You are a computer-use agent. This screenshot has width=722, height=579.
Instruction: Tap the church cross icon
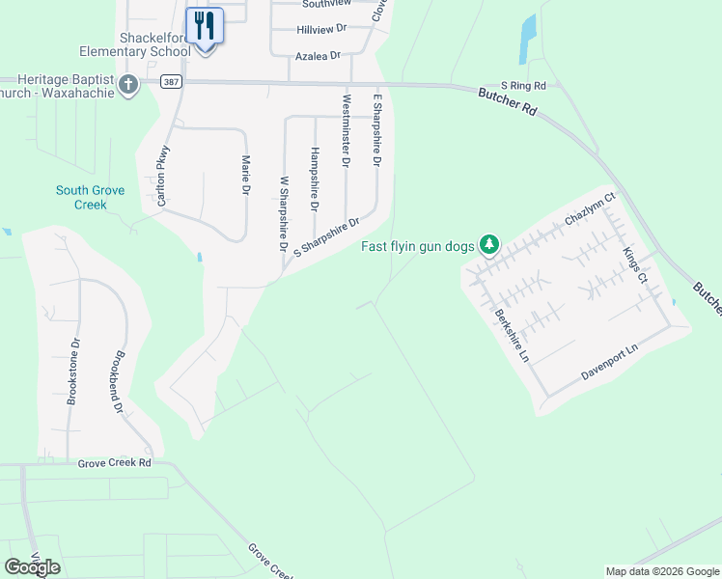point(127,85)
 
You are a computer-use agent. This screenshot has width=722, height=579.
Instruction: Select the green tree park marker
point(490,245)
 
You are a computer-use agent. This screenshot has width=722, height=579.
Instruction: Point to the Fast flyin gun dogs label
point(418,246)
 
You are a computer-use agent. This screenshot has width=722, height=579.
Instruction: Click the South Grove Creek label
point(90,198)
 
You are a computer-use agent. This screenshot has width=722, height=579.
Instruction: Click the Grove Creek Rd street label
point(115,463)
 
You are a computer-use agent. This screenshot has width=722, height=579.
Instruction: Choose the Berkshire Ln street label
point(512,335)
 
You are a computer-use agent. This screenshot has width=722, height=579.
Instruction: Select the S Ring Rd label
point(523,86)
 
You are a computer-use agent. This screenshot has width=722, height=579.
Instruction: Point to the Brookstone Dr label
point(71,371)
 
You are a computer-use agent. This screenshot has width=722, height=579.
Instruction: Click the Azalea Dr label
point(319,56)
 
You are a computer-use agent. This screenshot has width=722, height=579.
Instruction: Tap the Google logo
point(32,566)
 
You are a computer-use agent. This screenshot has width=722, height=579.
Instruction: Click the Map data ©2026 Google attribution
point(662,571)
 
